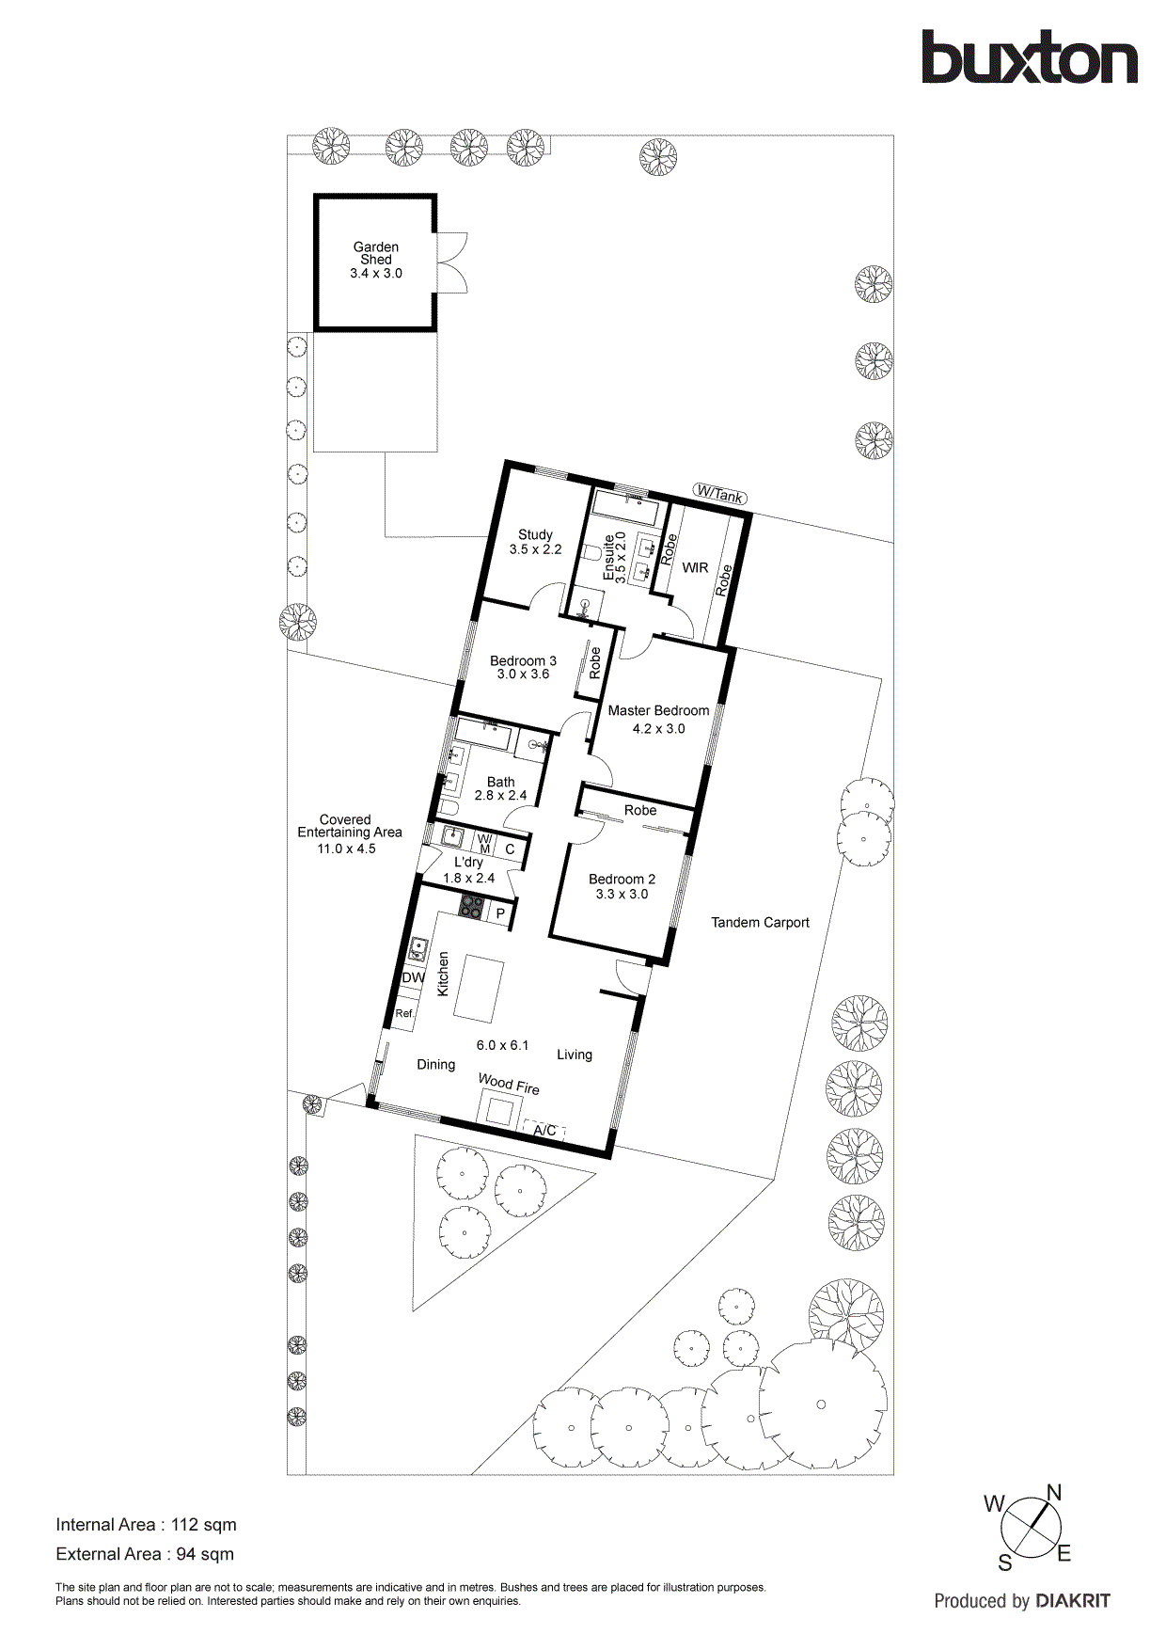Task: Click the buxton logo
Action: (1029, 58)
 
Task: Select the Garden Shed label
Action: (376, 253)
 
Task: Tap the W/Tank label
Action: (720, 493)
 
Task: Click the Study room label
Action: (535, 534)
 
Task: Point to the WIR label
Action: (695, 567)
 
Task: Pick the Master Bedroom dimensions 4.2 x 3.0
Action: (658, 728)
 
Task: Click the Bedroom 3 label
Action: (523, 660)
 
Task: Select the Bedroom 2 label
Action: (622, 879)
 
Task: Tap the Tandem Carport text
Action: (760, 922)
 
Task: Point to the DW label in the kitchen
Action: (413, 977)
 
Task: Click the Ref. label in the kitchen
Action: (404, 1013)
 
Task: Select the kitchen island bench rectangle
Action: (477, 989)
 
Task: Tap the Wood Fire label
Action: (509, 1084)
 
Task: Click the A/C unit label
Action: (544, 1130)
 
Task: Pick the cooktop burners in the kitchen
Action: (471, 909)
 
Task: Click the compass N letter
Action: (1054, 1493)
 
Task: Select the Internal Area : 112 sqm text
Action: (146, 1525)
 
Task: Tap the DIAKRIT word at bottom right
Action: (1073, 1601)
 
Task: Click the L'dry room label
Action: (468, 862)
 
